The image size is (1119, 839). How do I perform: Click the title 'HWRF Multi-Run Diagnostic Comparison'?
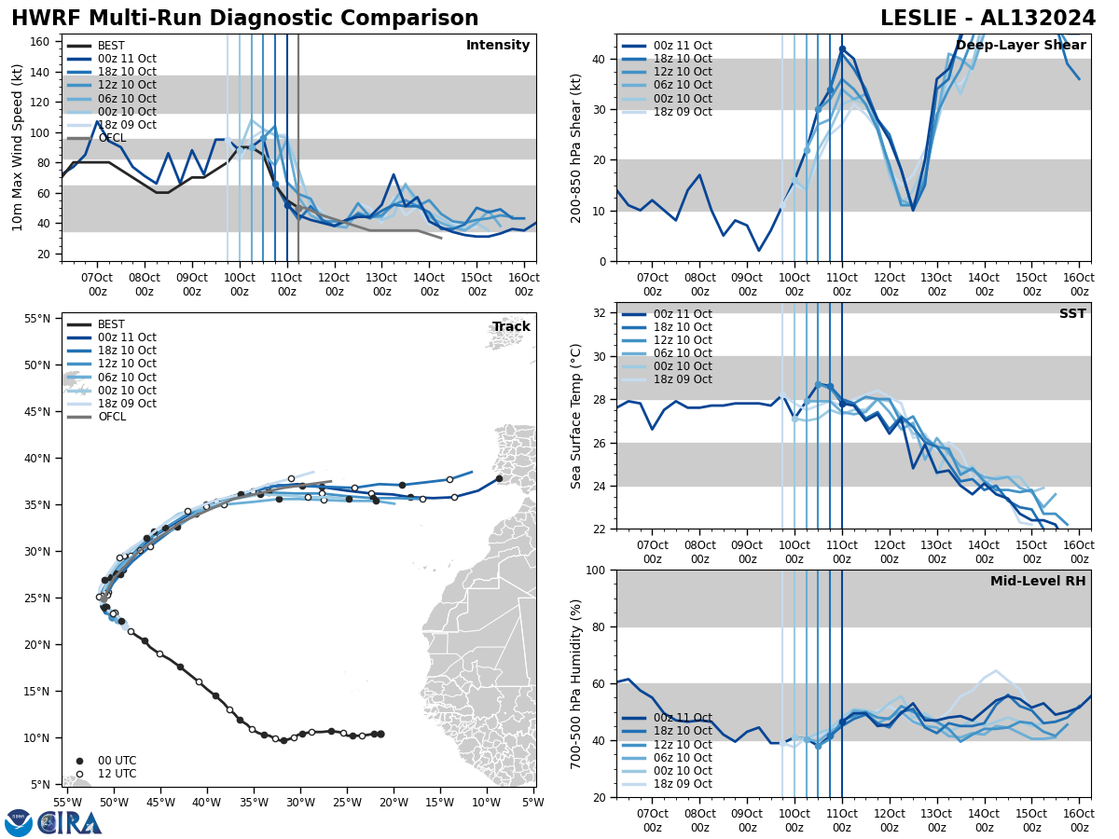(x=244, y=19)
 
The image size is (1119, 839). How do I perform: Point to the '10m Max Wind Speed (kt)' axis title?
(x=18, y=147)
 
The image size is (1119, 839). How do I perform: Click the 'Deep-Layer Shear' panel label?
(x=1020, y=46)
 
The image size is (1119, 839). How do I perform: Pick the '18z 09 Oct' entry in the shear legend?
(x=679, y=112)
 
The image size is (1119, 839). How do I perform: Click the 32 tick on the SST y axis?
(x=602, y=313)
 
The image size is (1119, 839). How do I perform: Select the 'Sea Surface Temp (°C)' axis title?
(x=576, y=416)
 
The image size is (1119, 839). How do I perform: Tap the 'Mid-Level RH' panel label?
(x=1038, y=582)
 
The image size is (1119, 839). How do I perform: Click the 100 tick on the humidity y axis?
(x=597, y=570)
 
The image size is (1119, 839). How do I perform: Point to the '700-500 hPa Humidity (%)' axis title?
(x=576, y=684)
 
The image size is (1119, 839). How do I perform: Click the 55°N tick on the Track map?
(x=37, y=319)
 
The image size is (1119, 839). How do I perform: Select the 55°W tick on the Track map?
(x=66, y=802)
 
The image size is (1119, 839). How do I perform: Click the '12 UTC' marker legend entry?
(x=116, y=774)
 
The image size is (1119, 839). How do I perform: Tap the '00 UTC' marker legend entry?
(x=116, y=761)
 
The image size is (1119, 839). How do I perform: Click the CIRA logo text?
(x=70, y=823)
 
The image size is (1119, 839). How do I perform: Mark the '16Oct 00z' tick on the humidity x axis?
(x=1079, y=820)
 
